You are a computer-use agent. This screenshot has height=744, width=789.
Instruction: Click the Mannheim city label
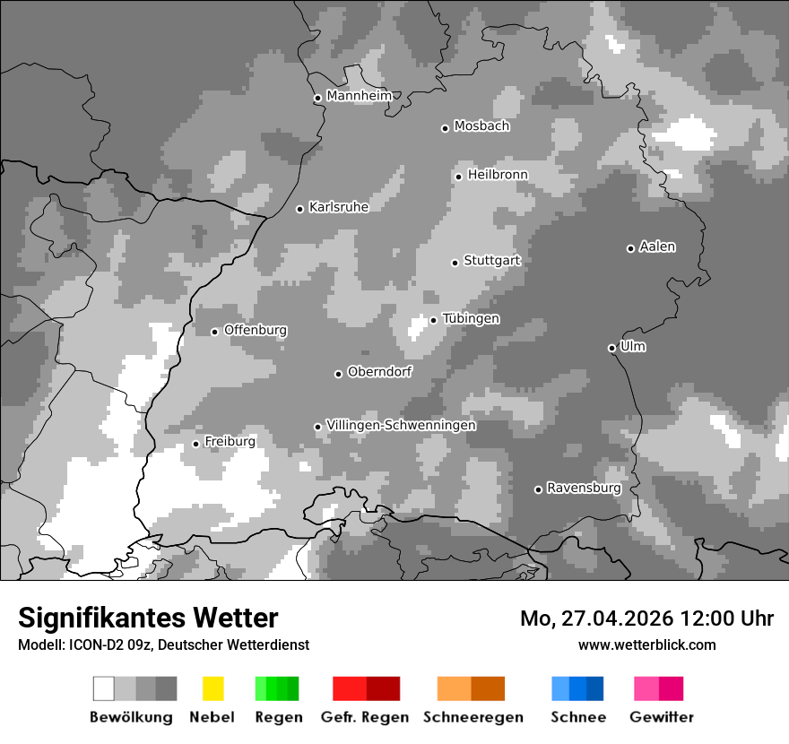[360, 96]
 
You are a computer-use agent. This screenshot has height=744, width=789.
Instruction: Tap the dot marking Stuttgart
[455, 263]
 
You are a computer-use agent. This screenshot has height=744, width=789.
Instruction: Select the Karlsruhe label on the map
[338, 207]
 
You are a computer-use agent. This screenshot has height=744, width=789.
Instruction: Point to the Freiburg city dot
[195, 444]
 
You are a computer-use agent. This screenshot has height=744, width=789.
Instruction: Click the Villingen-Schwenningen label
[401, 425]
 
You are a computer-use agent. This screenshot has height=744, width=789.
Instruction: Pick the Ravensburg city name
[584, 489]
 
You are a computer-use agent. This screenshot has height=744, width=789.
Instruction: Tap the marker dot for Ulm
[611, 348]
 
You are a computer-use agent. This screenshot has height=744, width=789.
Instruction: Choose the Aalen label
[657, 247]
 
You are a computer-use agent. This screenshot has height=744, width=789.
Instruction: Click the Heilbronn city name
[498, 175]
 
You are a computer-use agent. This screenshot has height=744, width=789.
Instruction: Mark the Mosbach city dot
[445, 128]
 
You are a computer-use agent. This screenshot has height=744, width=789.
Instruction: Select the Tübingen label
[471, 319]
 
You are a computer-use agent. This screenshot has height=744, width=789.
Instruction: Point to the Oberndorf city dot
[338, 374]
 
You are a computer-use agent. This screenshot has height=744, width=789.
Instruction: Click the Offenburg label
[256, 330]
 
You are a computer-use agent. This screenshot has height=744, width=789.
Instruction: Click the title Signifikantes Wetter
[148, 618]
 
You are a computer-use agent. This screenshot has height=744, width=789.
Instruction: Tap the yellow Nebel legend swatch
[212, 688]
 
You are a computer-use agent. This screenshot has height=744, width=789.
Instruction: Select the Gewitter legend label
[662, 717]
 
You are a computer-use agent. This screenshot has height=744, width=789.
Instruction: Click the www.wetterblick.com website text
[646, 645]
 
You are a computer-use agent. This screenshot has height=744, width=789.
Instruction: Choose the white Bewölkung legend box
[104, 688]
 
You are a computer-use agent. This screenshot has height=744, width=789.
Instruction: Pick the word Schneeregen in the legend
[473, 717]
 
